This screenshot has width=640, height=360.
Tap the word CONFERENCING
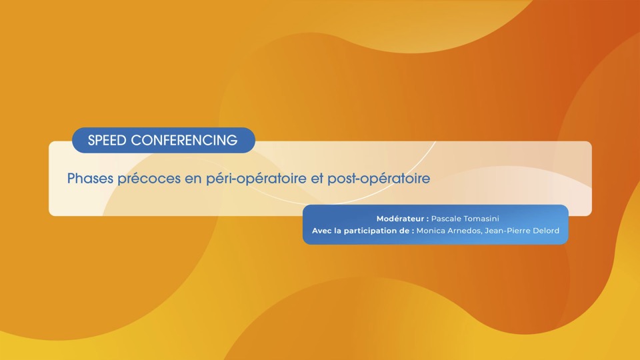point(184,141)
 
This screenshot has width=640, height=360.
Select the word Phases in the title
point(90,179)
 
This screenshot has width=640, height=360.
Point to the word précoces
point(149,179)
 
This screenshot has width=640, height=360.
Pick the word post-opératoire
point(379,179)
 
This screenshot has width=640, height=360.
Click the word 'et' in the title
point(317,179)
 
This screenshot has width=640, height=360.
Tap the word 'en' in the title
point(193,179)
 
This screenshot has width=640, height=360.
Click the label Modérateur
point(400,219)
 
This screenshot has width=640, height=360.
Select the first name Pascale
point(446,219)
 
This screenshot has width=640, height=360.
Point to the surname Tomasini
point(481,219)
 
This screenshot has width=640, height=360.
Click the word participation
point(371,231)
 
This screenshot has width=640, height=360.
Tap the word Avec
point(321,231)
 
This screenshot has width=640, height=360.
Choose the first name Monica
point(431,231)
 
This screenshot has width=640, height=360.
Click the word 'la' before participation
point(337,231)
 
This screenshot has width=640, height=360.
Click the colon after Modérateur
point(427,219)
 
